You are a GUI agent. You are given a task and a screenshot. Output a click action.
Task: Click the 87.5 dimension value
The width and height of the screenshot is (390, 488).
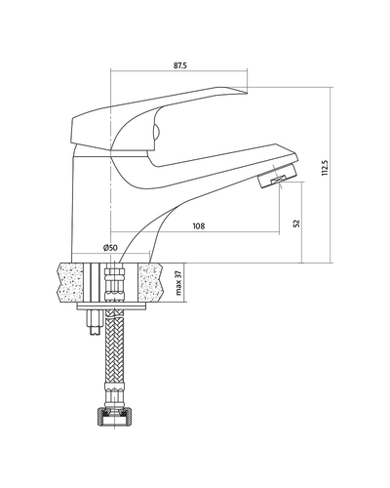pos(180,65)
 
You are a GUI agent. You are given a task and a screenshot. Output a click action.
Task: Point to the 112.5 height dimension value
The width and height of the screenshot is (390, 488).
pos(326,168)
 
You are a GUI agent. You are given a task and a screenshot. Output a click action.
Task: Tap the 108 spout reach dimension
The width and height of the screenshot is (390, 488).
pos(199,225)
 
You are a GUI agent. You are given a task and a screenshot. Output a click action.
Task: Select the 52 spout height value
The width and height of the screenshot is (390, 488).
pos(296,224)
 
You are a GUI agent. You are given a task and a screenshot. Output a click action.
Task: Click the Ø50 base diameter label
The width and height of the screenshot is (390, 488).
pos(110,248)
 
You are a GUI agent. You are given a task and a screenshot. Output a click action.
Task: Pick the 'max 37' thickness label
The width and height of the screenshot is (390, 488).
pos(178,283)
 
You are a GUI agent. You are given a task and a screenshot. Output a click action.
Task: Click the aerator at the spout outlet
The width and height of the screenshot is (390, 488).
pos(277,177)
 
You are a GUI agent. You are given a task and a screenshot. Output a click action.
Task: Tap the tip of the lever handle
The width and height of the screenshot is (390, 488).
pos(247,94)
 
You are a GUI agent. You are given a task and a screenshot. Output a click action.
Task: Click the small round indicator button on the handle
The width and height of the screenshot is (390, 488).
pos(156,133)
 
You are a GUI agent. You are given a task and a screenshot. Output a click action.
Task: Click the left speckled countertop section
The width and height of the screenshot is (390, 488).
pos(70,282)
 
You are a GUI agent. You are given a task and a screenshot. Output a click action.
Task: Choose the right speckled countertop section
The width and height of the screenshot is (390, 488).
pos(150,282)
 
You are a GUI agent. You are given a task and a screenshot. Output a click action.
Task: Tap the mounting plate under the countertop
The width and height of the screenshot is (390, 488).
pos(111,306)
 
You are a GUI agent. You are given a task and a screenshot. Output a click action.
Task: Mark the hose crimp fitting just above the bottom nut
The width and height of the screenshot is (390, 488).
pos(114,394)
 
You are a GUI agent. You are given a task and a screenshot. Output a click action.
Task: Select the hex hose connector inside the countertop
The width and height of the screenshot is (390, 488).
pos(114,284)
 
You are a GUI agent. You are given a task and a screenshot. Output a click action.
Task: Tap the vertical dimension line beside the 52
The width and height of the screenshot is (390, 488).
pos(302,223)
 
